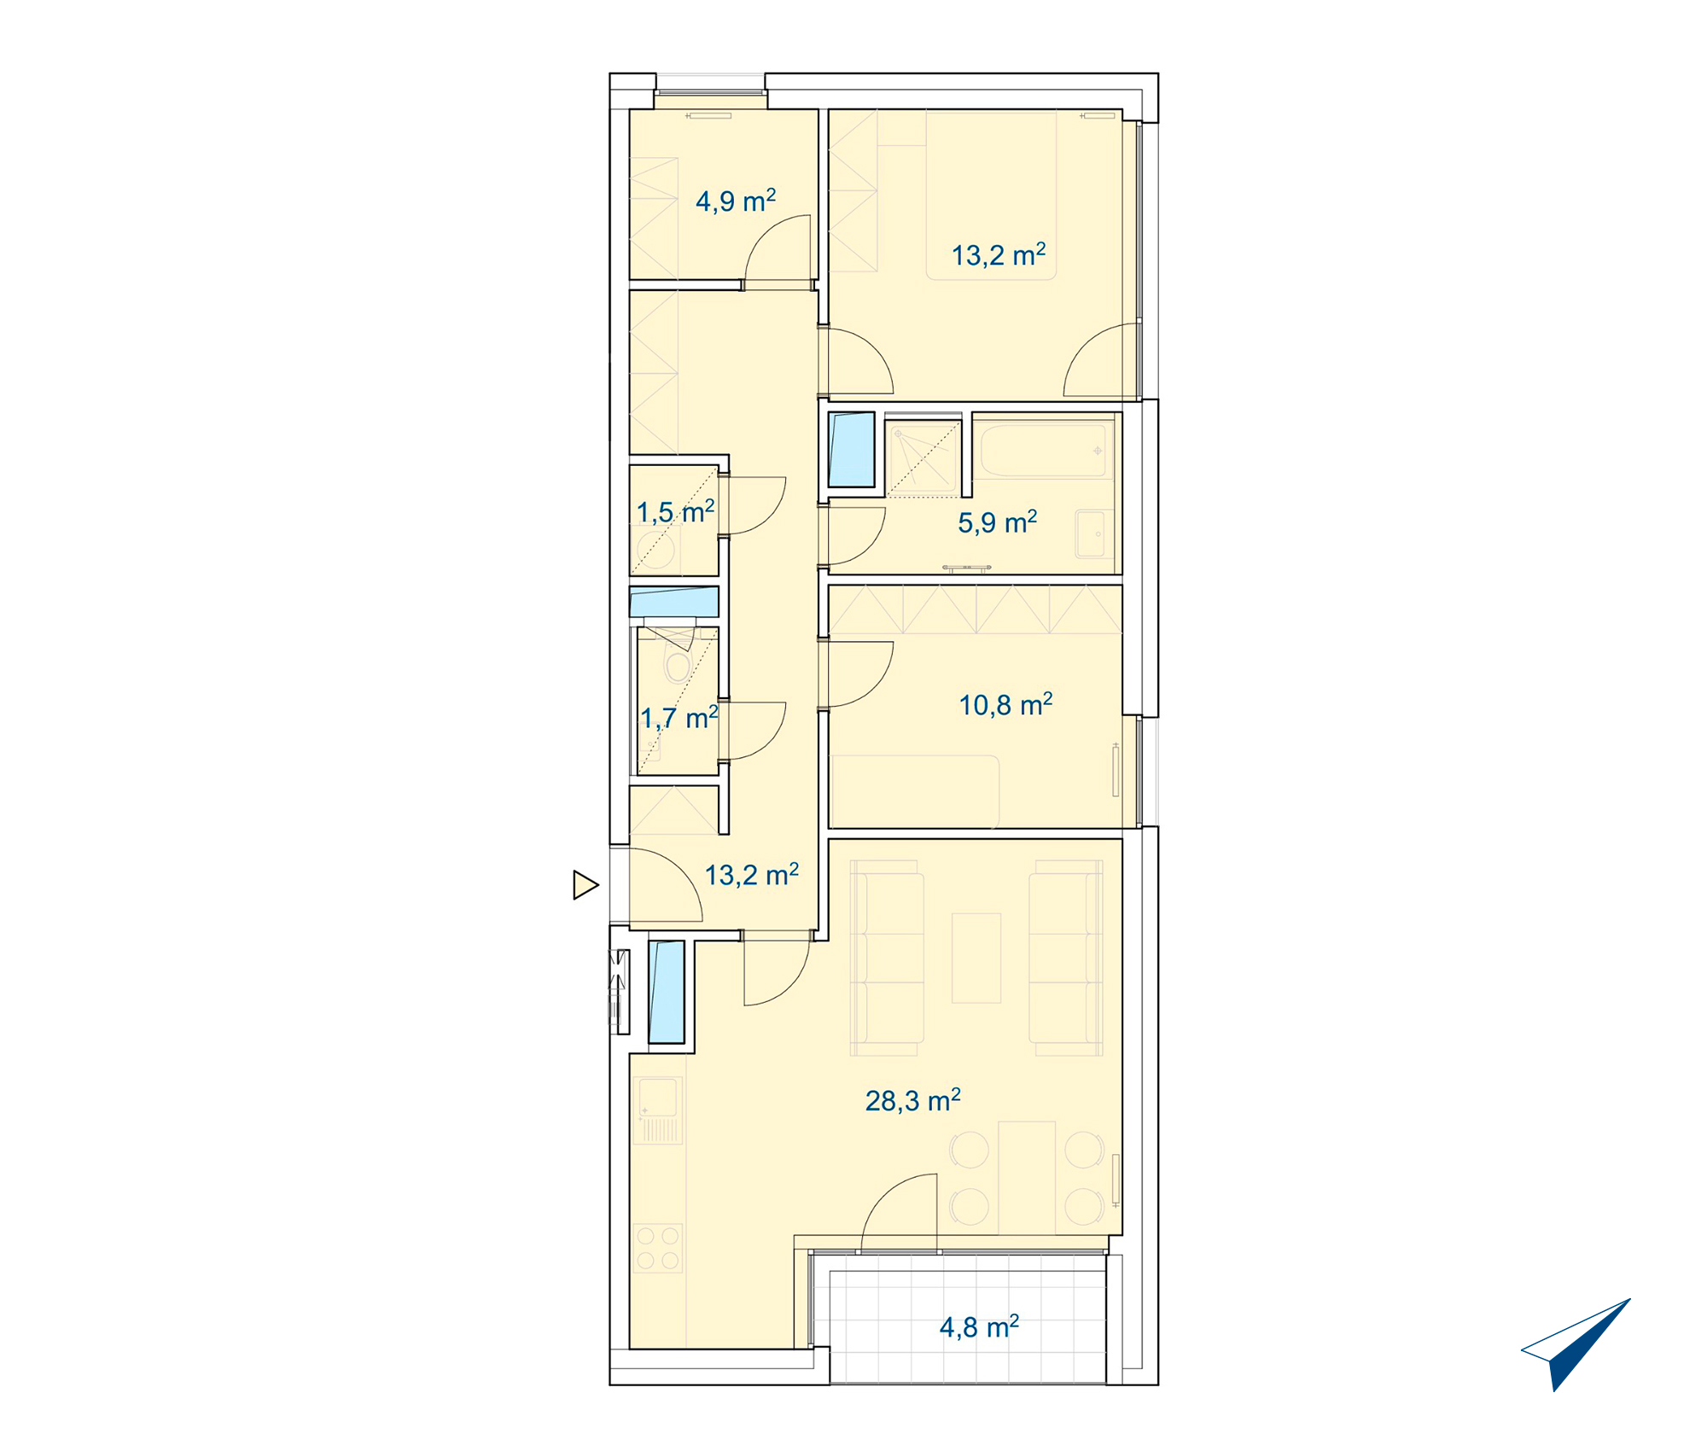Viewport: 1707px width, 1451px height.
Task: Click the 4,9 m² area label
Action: (736, 201)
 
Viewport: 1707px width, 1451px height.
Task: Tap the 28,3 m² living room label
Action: (912, 1100)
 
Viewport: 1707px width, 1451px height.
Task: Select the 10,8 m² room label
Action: (1005, 705)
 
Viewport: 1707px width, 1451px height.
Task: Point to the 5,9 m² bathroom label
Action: (997, 522)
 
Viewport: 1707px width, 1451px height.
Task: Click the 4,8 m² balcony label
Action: (979, 1327)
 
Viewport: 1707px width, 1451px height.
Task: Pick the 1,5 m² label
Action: (675, 512)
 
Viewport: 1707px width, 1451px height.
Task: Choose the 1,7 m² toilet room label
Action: (679, 718)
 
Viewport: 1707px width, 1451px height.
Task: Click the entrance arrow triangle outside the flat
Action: (586, 885)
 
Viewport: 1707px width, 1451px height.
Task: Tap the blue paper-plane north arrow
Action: (1576, 1344)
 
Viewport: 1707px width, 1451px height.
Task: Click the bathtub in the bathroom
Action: (1044, 451)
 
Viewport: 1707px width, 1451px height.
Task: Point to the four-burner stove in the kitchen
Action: (658, 1247)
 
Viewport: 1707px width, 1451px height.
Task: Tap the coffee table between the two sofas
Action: (976, 958)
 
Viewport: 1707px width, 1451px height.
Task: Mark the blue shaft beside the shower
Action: (852, 450)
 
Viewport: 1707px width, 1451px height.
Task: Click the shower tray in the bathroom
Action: (923, 457)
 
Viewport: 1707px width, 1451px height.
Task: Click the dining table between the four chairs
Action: (1027, 1178)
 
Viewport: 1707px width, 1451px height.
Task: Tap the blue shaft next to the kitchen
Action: (667, 992)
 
